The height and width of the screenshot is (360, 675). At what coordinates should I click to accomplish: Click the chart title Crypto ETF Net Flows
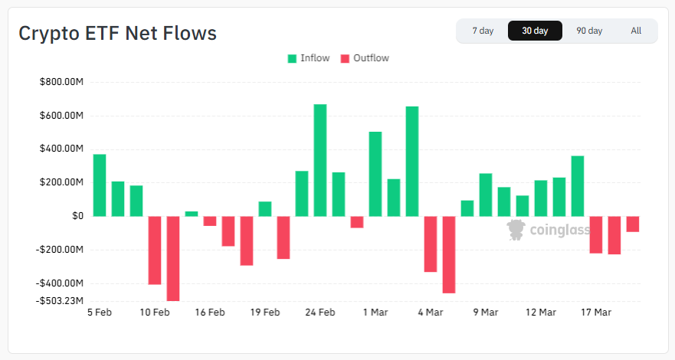[x=117, y=34]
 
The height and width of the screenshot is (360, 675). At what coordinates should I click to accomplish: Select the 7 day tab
[x=483, y=31]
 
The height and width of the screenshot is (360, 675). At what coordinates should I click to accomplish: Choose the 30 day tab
[x=535, y=31]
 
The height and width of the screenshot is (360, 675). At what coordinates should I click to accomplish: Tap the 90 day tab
[x=589, y=31]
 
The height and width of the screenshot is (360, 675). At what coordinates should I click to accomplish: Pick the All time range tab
[x=636, y=31]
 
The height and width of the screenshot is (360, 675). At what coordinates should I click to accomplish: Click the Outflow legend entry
[x=365, y=58]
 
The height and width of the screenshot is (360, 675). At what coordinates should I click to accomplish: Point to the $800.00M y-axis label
[x=61, y=82]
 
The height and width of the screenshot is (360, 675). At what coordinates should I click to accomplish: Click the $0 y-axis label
[x=77, y=216]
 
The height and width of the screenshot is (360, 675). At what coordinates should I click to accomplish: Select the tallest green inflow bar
[x=320, y=160]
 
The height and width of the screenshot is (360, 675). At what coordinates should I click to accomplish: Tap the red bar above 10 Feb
[x=155, y=250]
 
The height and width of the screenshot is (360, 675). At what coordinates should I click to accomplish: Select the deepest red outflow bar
[x=173, y=258]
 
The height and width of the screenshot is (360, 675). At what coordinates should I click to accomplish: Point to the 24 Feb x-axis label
[x=320, y=313]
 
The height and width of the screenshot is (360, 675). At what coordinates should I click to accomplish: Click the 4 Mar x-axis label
[x=431, y=313]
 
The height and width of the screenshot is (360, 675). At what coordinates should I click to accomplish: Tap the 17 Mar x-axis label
[x=596, y=313]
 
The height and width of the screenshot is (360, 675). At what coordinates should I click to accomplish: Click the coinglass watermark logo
[x=548, y=229]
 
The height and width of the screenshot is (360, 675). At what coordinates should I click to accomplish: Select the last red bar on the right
[x=633, y=224]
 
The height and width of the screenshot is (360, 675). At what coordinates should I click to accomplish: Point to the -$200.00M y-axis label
[x=61, y=250]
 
